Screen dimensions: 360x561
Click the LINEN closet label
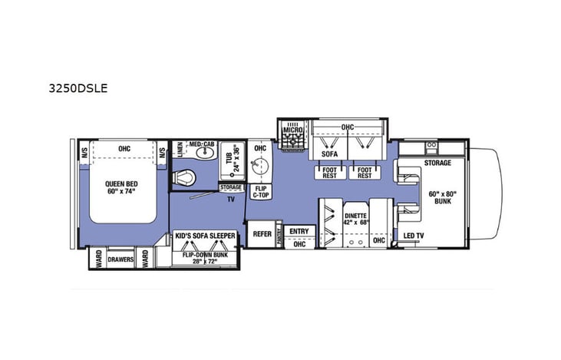[178, 151]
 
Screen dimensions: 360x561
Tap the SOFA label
[328, 154]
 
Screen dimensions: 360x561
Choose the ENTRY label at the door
[299, 230]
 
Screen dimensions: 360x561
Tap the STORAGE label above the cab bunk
[437, 163]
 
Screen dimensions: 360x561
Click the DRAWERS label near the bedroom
[120, 259]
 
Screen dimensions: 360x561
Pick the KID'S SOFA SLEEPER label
[204, 236]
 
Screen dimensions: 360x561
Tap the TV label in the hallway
[229, 198]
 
